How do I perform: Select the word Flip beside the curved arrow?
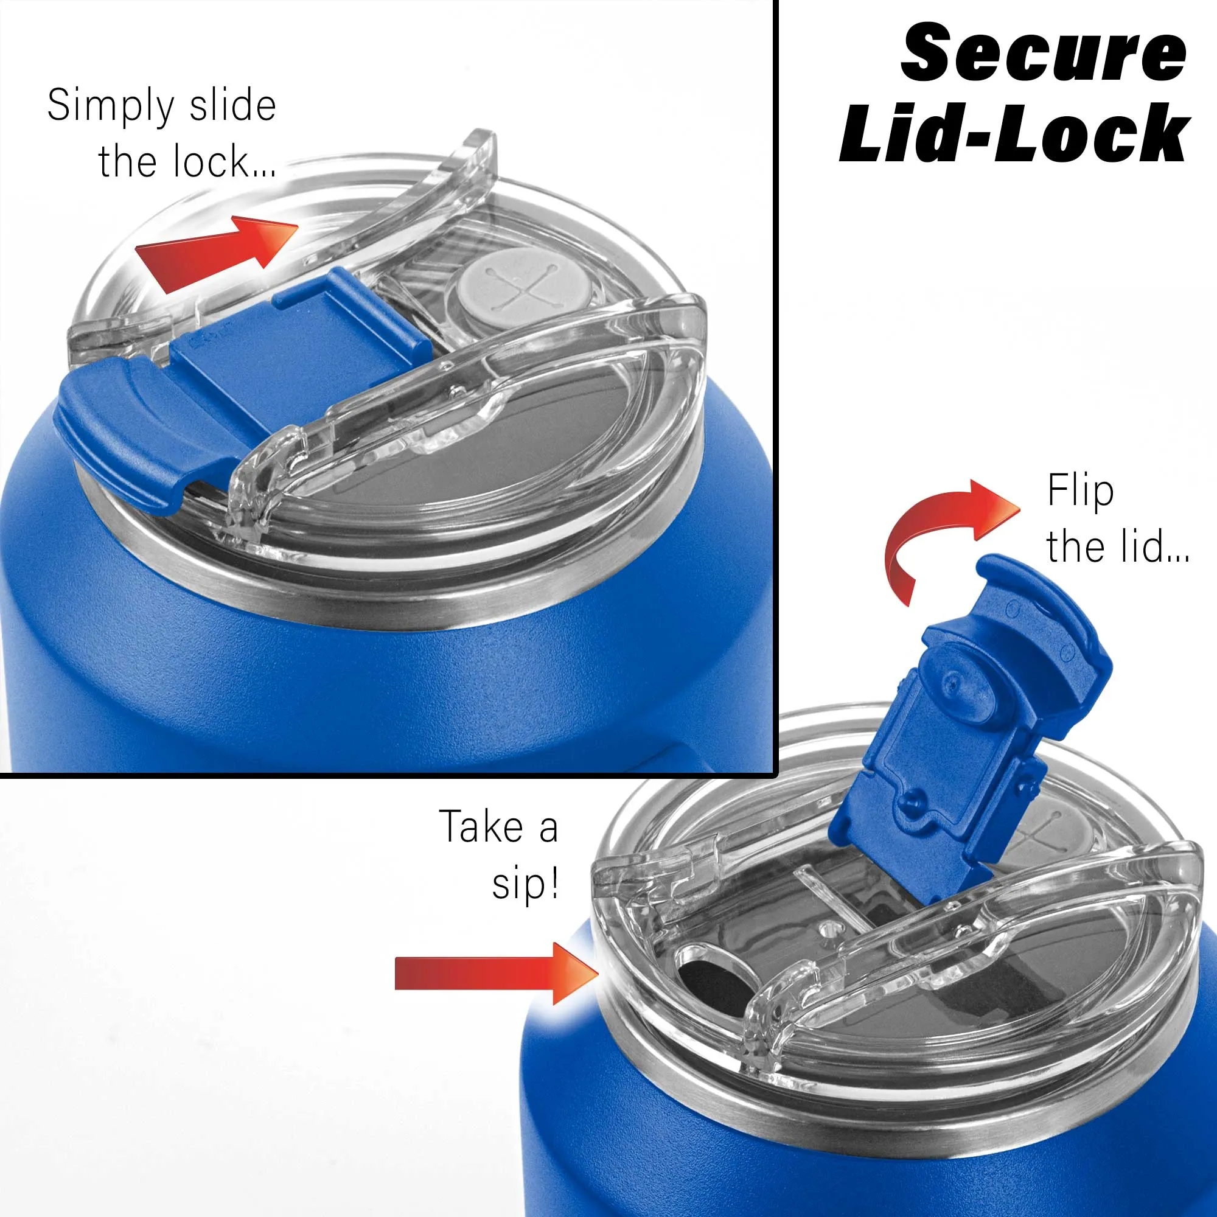pos(1080,492)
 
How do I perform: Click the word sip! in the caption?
pos(525,885)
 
